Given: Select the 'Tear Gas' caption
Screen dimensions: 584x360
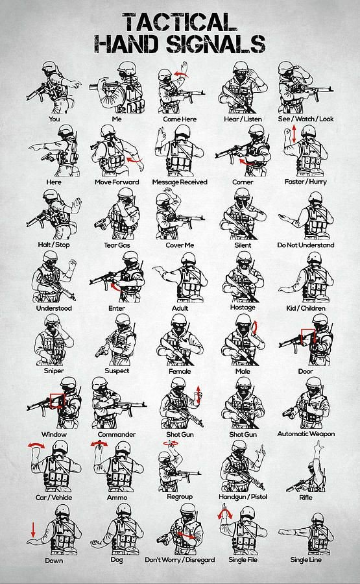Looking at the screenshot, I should tap(117, 245).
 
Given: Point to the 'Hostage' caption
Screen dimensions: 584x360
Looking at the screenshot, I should tap(242, 308).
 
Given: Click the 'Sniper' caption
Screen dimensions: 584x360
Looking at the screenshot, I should tap(54, 371).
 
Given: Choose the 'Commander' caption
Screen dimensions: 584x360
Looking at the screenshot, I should tap(117, 433).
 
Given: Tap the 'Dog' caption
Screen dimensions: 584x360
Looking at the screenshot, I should tap(117, 559).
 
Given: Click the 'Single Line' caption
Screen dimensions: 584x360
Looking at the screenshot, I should tap(305, 559).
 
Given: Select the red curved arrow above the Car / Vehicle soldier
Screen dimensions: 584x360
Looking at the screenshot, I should tap(37, 445).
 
